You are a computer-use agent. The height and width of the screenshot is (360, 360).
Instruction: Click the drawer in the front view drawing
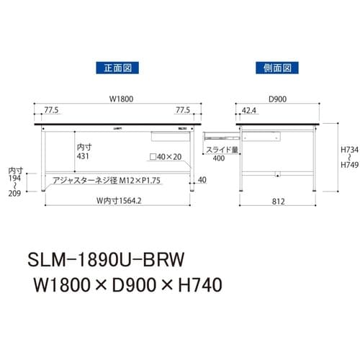coord(169,135)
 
